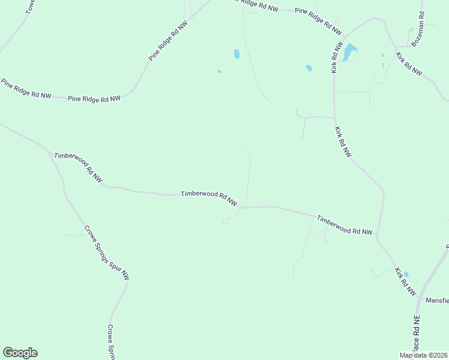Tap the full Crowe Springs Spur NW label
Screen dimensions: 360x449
click(x=107, y=253)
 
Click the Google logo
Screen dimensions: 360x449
click(x=20, y=353)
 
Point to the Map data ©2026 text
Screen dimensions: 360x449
click(x=423, y=355)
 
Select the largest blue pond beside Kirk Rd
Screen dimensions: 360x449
click(x=349, y=52)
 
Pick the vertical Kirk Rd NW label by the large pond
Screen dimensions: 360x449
click(x=337, y=57)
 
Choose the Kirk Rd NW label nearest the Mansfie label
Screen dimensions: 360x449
click(x=406, y=282)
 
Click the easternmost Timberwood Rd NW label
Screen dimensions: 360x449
click(x=345, y=225)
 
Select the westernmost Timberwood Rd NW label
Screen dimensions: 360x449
click(x=78, y=167)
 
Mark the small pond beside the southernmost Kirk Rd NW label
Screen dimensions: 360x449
click(x=406, y=275)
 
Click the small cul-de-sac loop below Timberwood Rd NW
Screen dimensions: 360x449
click(x=226, y=221)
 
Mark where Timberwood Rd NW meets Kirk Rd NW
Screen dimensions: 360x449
click(x=378, y=237)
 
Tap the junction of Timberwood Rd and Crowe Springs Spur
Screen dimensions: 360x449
click(x=51, y=152)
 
